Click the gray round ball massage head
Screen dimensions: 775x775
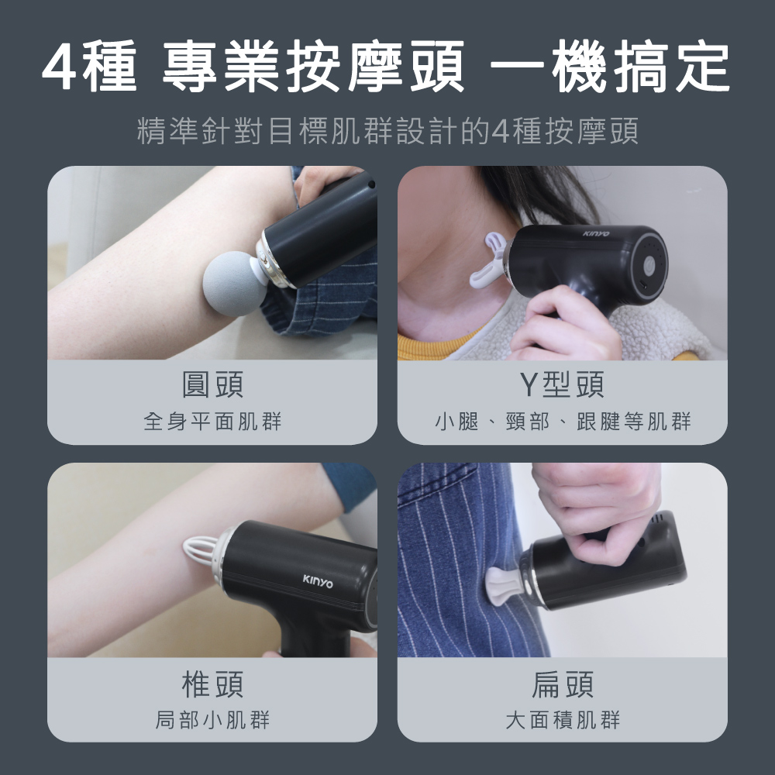click(x=235, y=284)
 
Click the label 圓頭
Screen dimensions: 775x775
click(x=212, y=385)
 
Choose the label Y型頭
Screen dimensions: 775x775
click(x=562, y=385)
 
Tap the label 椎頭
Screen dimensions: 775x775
click(x=212, y=684)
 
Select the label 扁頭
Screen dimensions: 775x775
click(x=563, y=684)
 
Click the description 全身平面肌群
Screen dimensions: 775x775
click(x=212, y=422)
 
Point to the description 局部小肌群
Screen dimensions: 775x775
click(x=212, y=720)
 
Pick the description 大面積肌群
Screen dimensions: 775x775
click(x=563, y=720)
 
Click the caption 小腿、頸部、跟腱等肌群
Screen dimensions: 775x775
click(x=563, y=422)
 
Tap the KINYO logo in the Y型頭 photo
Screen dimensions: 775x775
click(x=595, y=233)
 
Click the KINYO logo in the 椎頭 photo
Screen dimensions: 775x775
click(x=317, y=581)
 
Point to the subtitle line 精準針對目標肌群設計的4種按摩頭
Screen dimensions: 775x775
click(x=387, y=131)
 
